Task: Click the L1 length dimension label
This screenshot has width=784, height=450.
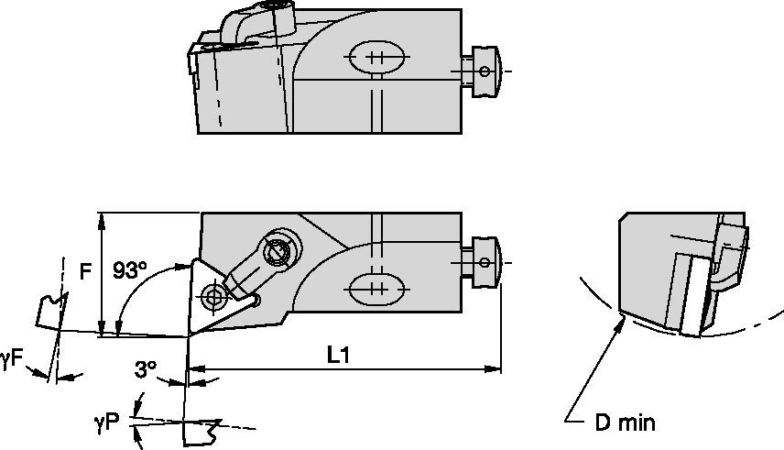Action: pyautogui.click(x=339, y=355)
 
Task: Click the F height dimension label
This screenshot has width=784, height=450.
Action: pyautogui.click(x=85, y=271)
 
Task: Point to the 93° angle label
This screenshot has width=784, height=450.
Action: pyautogui.click(x=129, y=271)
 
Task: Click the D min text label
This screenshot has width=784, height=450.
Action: pyautogui.click(x=624, y=423)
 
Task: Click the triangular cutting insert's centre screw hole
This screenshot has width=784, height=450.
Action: pyautogui.click(x=214, y=296)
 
